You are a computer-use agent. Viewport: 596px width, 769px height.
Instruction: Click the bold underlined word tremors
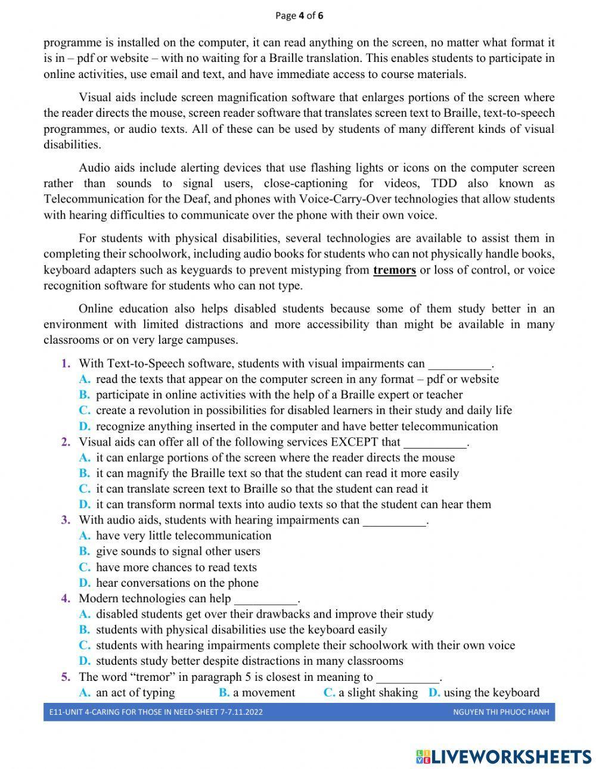394,270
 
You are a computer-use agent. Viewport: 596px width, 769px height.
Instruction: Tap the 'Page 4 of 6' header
299,15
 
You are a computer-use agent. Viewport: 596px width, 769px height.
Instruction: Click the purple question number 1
66,363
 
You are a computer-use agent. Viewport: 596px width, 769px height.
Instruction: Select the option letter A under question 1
85,379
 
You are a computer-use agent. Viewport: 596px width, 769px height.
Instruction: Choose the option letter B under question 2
85,474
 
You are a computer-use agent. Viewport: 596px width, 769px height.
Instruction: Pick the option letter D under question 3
85,583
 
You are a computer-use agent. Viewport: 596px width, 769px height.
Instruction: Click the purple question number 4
66,599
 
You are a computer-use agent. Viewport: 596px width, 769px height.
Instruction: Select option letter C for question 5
329,693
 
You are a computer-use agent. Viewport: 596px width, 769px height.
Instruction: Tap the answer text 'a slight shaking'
378,693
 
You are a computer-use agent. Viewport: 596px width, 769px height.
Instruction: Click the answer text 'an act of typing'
135,693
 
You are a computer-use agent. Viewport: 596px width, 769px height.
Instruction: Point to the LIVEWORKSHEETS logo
504,756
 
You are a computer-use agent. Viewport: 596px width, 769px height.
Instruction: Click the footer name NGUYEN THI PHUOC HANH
501,712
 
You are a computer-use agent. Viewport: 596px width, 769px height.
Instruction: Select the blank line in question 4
265,600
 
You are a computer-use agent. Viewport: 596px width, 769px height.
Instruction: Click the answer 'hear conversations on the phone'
177,583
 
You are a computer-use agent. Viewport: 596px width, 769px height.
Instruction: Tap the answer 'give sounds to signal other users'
178,552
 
